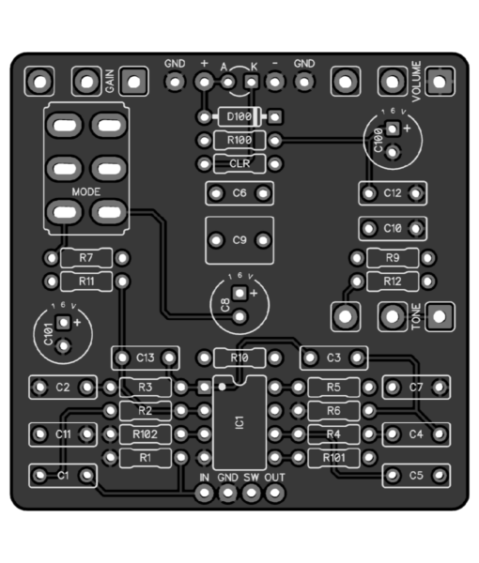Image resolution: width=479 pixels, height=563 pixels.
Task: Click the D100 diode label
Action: click(x=239, y=116)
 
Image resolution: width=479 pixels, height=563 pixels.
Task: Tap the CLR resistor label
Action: click(x=239, y=163)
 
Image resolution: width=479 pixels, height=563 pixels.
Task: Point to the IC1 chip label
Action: click(x=239, y=422)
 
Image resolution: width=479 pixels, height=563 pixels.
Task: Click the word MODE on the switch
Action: click(x=86, y=191)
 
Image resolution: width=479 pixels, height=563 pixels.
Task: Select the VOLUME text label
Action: click(x=416, y=81)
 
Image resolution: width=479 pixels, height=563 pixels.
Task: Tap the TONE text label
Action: click(x=416, y=316)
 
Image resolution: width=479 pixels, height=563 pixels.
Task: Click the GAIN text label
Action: click(x=110, y=81)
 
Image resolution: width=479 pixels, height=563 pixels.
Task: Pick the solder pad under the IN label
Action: click(x=204, y=493)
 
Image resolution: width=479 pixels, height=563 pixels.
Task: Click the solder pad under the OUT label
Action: click(x=275, y=493)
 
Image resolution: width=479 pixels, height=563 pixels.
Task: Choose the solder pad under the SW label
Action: click(x=251, y=493)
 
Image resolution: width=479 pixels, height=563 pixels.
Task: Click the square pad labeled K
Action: click(x=252, y=82)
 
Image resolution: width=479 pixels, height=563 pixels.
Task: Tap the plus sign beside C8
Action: click(x=254, y=293)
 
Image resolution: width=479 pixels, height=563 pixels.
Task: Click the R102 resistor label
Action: click(x=146, y=434)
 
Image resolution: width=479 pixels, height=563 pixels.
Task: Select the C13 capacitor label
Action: click(x=146, y=358)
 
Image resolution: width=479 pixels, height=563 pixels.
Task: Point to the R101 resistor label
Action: click(x=333, y=458)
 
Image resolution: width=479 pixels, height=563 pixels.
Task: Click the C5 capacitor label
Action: click(x=416, y=476)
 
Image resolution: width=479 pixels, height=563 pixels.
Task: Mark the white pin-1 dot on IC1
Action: click(x=222, y=387)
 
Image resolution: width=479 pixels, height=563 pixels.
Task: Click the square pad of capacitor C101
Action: click(x=63, y=323)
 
